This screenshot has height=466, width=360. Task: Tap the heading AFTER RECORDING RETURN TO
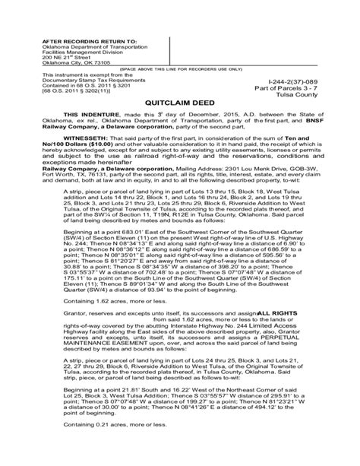point(76,36)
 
